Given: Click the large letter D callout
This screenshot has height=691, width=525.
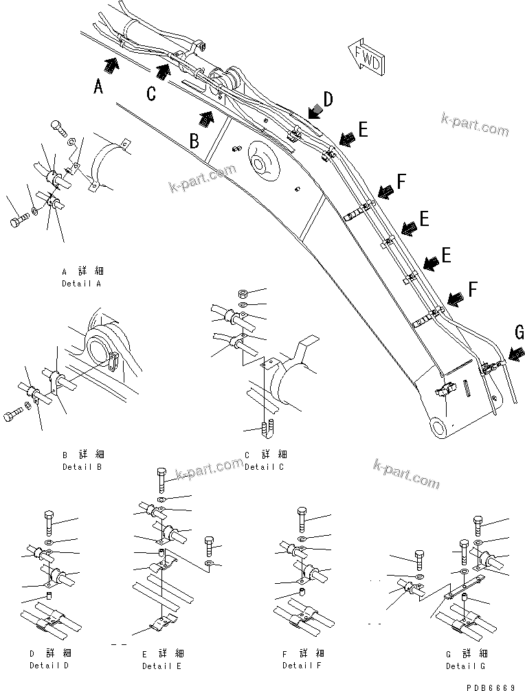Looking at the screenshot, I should pos(328,100).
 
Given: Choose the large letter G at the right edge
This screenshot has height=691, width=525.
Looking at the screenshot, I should pos(519,332).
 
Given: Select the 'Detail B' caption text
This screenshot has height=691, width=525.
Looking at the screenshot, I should pos(82,467).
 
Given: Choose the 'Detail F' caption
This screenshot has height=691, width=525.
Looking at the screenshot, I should pos(302,666).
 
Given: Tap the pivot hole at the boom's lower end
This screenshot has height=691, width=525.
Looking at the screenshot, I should pos(438,428).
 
